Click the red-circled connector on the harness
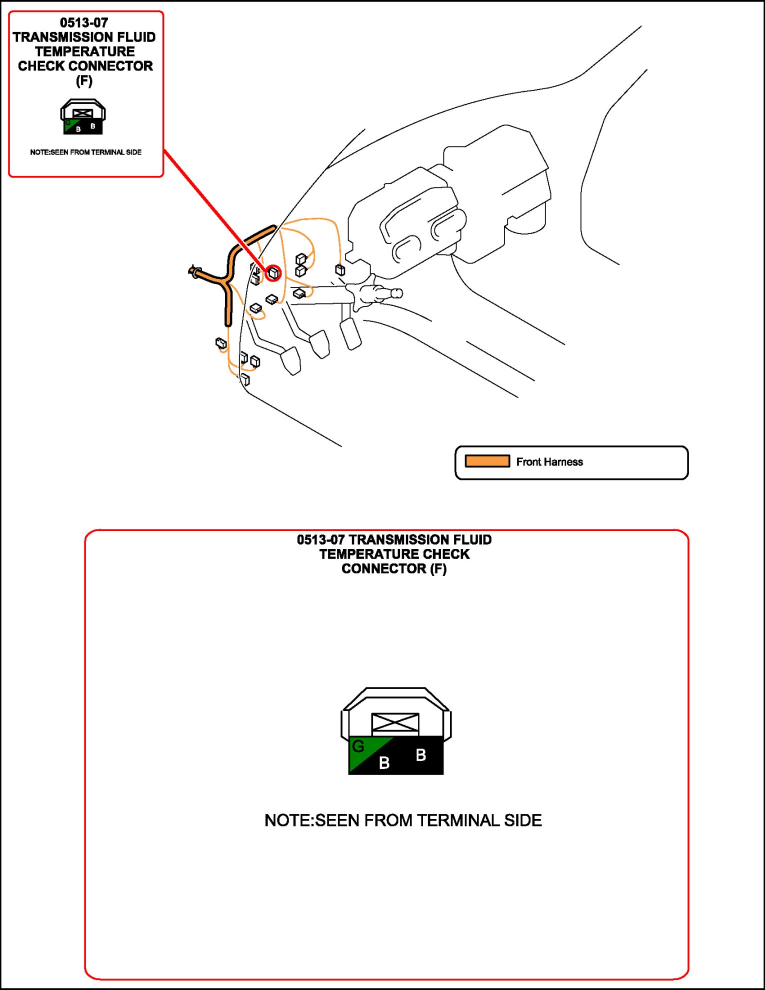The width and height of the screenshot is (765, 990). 273,273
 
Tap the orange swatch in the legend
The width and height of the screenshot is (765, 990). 487,461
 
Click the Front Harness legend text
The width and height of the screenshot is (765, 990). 549,462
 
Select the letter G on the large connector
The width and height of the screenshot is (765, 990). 358,746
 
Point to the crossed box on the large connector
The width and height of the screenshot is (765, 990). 395,722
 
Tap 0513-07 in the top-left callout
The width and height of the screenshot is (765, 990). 84,22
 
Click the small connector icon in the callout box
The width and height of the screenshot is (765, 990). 83,117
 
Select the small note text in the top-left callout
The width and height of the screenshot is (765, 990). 85,152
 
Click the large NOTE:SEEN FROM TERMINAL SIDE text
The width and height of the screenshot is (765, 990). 403,820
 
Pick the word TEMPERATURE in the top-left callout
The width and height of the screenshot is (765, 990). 85,51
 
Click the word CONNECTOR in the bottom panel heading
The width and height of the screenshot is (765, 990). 383,568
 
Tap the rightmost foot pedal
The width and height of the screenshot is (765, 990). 350,333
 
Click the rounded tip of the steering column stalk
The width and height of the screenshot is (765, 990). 397,293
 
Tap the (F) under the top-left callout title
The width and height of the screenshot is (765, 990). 84,80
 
